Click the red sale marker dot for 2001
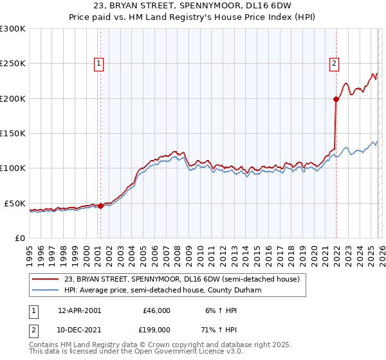pyautogui.click(x=100, y=206)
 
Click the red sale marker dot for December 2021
pyautogui.click(x=336, y=99)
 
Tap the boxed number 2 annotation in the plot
pyautogui.click(x=335, y=63)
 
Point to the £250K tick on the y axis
pyautogui.click(x=12, y=64)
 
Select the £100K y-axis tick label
pyautogui.click(x=12, y=168)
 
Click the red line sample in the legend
pyautogui.click(x=46, y=280)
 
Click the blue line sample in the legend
pyautogui.click(x=46, y=291)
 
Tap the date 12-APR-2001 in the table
pyautogui.click(x=79, y=310)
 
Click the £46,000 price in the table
pyautogui.click(x=156, y=310)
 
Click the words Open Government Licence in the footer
pyautogui.click(x=171, y=352)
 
